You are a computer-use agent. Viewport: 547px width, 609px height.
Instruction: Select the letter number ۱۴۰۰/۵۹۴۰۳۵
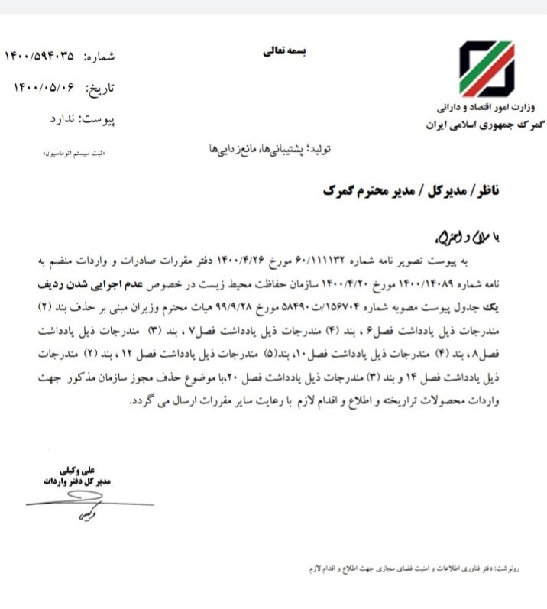[40, 56]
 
